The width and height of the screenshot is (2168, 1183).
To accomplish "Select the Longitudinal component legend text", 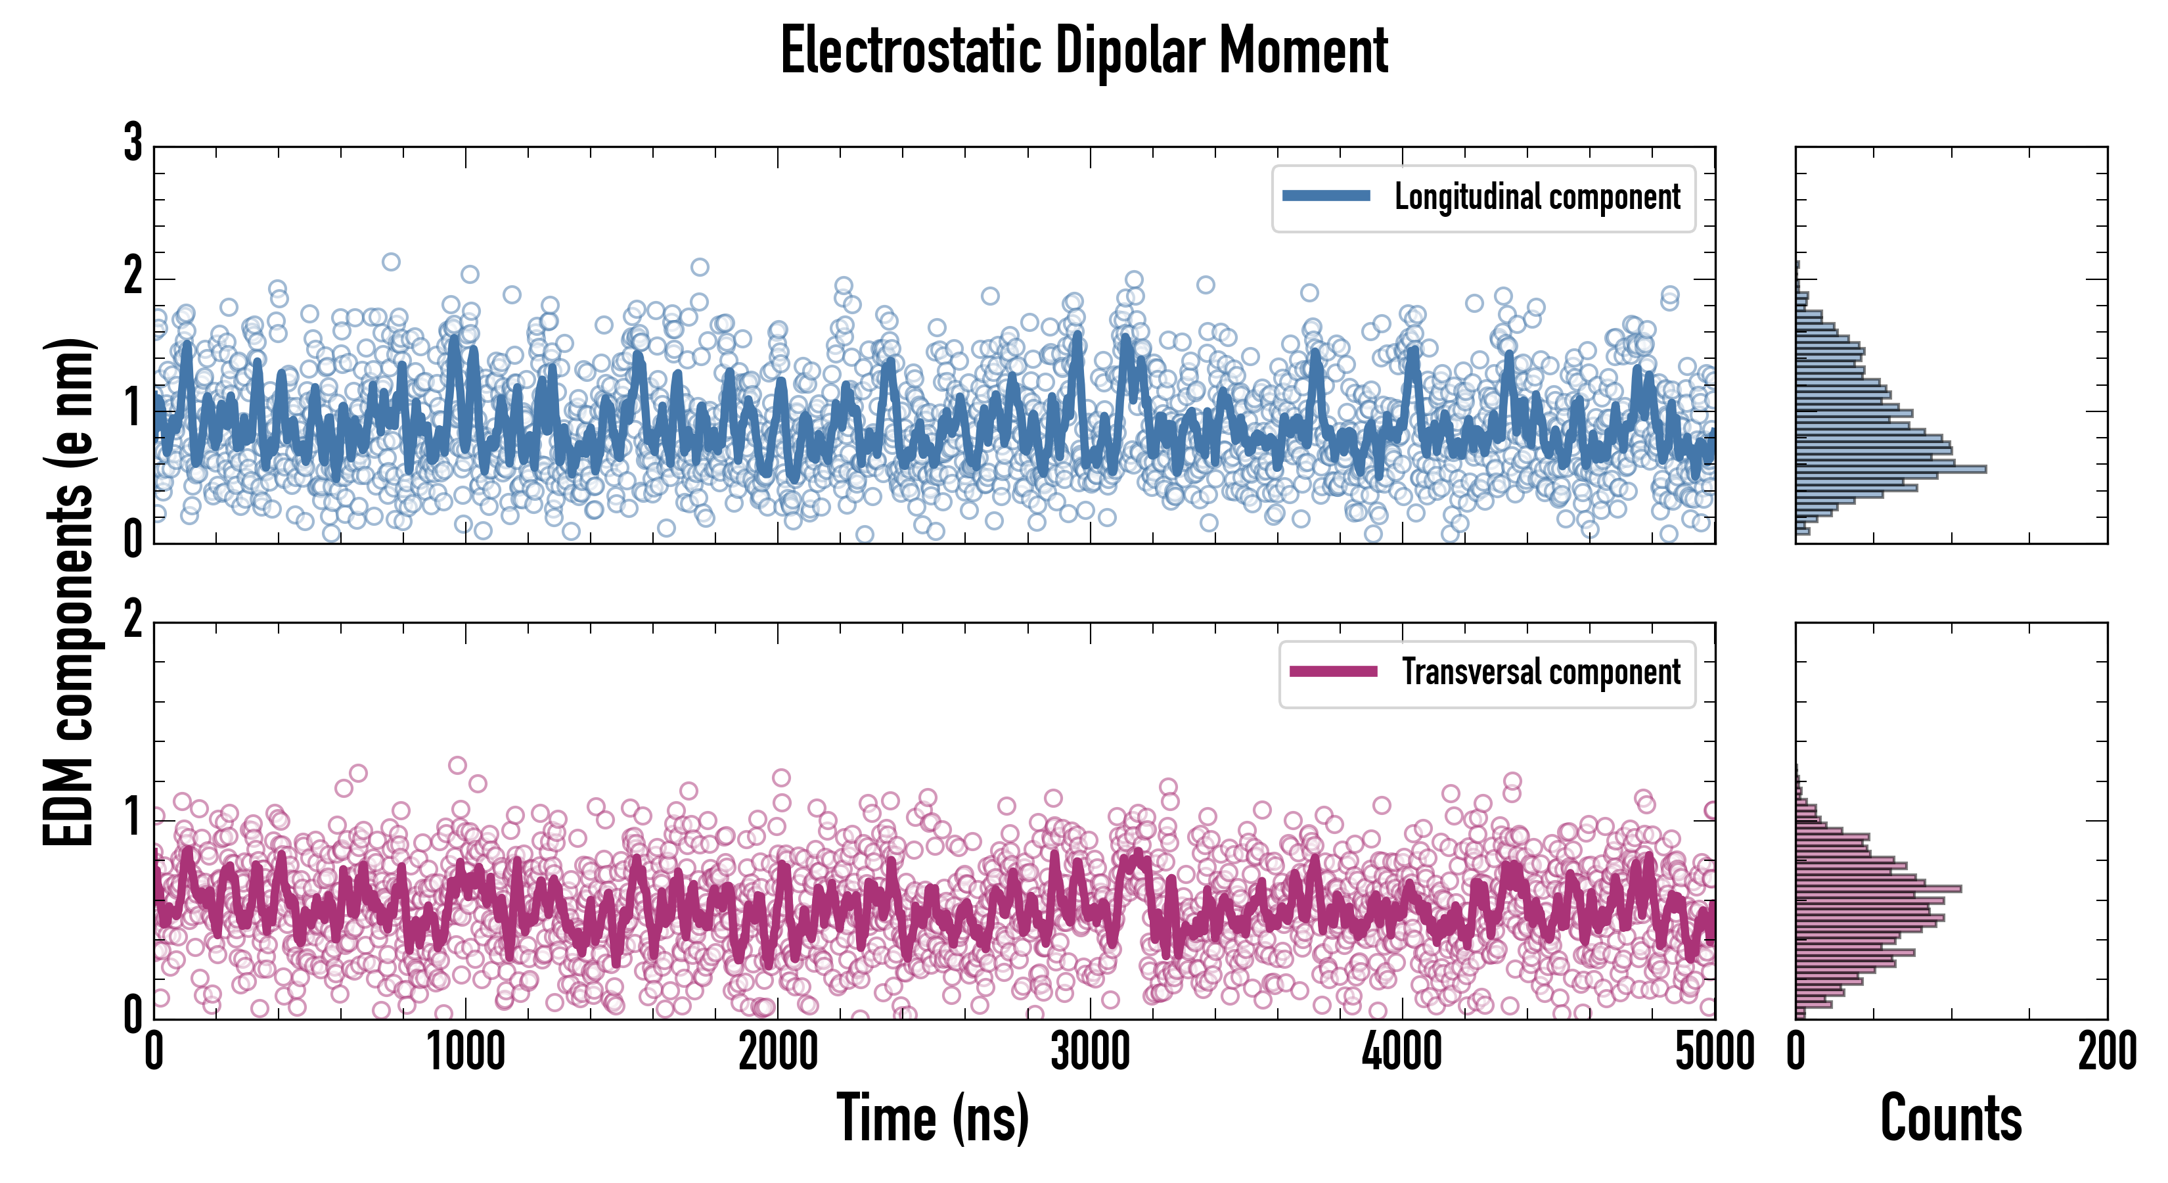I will coord(1537,197).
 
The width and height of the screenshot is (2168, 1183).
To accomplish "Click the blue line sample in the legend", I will coord(1326,197).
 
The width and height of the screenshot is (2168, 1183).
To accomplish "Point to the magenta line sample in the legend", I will coord(1333,672).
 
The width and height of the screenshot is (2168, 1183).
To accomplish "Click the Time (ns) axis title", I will coord(932,1118).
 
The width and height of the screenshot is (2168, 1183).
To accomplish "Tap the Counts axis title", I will coord(1951,1118).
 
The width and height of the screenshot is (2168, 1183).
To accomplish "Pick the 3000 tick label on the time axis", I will coord(1091,1052).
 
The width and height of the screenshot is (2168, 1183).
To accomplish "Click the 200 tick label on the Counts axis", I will coord(2106,1052).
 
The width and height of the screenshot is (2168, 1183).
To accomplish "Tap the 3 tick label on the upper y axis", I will coord(133,143).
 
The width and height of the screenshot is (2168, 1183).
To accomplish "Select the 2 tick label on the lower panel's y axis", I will coord(133,621).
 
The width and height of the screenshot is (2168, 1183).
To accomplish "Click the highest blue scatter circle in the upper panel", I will coord(390,262).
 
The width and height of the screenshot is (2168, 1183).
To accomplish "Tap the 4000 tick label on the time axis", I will coord(1402,1052).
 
